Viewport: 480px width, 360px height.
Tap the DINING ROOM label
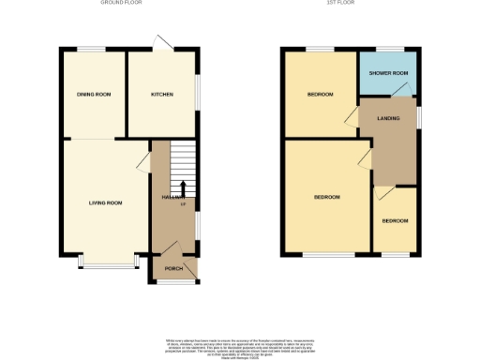click(x=94, y=95)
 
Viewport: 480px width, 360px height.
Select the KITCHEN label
click(x=163, y=95)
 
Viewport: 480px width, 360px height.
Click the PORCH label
click(x=173, y=269)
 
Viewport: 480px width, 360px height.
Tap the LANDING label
click(x=390, y=118)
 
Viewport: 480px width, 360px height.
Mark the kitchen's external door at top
click(x=164, y=42)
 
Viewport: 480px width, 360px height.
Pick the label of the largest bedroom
click(x=326, y=197)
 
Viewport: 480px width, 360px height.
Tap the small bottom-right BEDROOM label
click(x=395, y=221)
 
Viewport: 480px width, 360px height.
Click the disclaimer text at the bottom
click(x=240, y=343)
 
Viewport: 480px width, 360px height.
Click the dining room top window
click(x=91, y=48)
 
